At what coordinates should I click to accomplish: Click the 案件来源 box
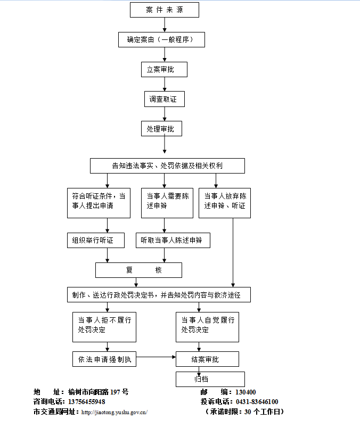click(x=164, y=10)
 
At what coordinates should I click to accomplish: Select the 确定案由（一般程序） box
click(x=161, y=40)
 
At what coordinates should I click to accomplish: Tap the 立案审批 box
click(x=164, y=69)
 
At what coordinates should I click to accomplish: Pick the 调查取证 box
click(x=164, y=99)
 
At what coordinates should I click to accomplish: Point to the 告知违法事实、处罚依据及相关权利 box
click(x=167, y=166)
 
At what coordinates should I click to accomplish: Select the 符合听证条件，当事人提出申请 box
click(x=99, y=202)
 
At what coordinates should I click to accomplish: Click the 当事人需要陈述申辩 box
click(x=167, y=202)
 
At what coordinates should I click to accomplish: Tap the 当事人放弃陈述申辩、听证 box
click(x=225, y=202)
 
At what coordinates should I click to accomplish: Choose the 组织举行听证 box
click(x=95, y=240)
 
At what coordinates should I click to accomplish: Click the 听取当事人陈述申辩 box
click(x=173, y=240)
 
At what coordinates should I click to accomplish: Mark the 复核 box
click(x=138, y=270)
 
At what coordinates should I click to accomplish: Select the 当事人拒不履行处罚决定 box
click(x=104, y=326)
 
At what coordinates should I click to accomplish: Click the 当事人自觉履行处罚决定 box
click(x=208, y=326)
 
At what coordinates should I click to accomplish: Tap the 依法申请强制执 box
click(x=104, y=359)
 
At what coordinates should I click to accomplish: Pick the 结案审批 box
click(x=207, y=359)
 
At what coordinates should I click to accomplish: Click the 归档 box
click(x=210, y=379)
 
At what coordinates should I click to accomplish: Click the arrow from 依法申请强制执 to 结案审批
click(x=156, y=357)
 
